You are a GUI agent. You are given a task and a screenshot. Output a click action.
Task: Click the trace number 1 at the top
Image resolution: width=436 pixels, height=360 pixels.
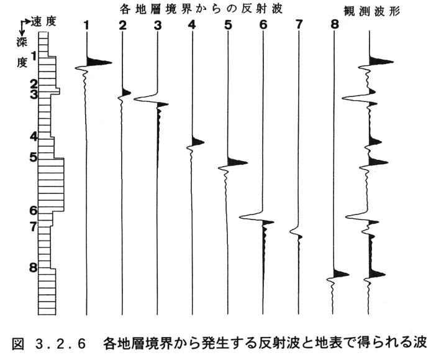[87, 25]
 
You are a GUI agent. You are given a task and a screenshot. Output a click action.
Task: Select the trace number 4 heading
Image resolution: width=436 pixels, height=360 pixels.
[192, 25]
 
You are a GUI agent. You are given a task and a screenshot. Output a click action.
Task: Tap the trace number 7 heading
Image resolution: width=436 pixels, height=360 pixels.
[298, 25]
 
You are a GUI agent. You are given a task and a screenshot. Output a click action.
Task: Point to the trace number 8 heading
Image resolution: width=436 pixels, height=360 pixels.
[335, 24]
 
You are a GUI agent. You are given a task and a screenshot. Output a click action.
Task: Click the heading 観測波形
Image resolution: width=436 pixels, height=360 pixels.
[372, 11]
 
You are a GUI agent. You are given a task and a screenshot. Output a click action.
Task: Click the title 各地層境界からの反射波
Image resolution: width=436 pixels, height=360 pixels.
[201, 9]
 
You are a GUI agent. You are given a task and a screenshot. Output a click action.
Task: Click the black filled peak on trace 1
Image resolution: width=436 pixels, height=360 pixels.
[99, 62]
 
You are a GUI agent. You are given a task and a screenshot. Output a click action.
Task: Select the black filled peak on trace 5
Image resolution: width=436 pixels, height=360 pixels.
[237, 162]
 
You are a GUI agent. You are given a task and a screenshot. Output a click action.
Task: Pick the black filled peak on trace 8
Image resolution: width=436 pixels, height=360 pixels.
[341, 274]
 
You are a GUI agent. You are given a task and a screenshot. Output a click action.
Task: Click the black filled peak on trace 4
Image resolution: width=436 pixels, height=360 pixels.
[198, 141]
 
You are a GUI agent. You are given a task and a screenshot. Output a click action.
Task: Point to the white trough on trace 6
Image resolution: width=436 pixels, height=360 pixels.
[250, 216]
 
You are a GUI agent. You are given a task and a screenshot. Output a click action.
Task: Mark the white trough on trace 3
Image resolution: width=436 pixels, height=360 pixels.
[145, 99]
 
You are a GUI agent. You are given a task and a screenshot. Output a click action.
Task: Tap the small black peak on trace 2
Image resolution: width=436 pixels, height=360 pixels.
[126, 93]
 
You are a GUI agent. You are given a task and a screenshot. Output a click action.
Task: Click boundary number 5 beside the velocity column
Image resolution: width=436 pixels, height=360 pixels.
[33, 157]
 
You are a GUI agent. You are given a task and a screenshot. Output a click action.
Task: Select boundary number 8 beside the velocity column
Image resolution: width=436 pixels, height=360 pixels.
[34, 267]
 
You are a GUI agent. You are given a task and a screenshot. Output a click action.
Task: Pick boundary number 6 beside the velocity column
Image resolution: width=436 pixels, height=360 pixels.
[34, 211]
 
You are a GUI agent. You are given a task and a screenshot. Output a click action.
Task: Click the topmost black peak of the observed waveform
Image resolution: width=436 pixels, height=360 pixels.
[381, 62]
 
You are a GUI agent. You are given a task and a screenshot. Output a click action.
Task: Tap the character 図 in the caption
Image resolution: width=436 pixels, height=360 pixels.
[19, 344]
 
